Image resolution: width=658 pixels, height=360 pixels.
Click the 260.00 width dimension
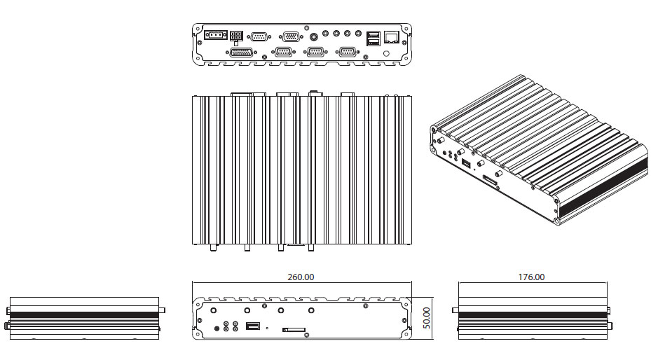(x=301, y=277)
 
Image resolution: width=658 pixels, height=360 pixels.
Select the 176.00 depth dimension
(x=531, y=277)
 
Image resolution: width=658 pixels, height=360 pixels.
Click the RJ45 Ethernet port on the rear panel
(x=392, y=36)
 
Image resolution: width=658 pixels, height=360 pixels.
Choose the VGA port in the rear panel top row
(x=291, y=36)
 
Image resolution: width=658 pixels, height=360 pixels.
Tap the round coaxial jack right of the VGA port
(x=313, y=34)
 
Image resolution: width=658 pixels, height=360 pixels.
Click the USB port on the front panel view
(x=253, y=326)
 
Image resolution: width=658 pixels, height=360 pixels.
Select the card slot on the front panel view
(x=294, y=328)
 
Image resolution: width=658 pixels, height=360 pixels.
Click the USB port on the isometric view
(x=465, y=164)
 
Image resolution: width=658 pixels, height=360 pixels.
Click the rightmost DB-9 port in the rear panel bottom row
(x=346, y=51)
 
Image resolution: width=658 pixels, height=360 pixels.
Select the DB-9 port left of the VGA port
(x=259, y=36)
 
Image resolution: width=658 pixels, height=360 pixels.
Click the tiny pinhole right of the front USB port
(x=266, y=327)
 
